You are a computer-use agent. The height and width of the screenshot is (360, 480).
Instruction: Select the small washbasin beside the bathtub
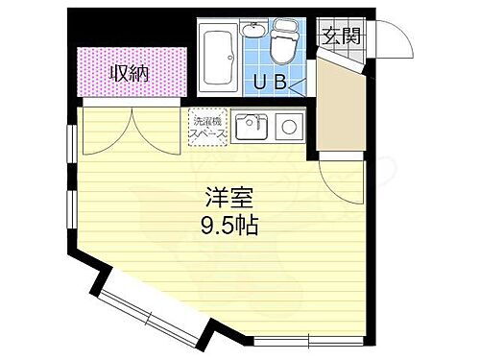point(254,31)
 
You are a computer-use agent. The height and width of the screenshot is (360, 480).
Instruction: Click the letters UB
point(271,82)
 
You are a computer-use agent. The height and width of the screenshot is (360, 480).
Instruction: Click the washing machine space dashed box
point(208,129)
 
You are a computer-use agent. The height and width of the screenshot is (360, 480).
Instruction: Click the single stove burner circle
point(287,126)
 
